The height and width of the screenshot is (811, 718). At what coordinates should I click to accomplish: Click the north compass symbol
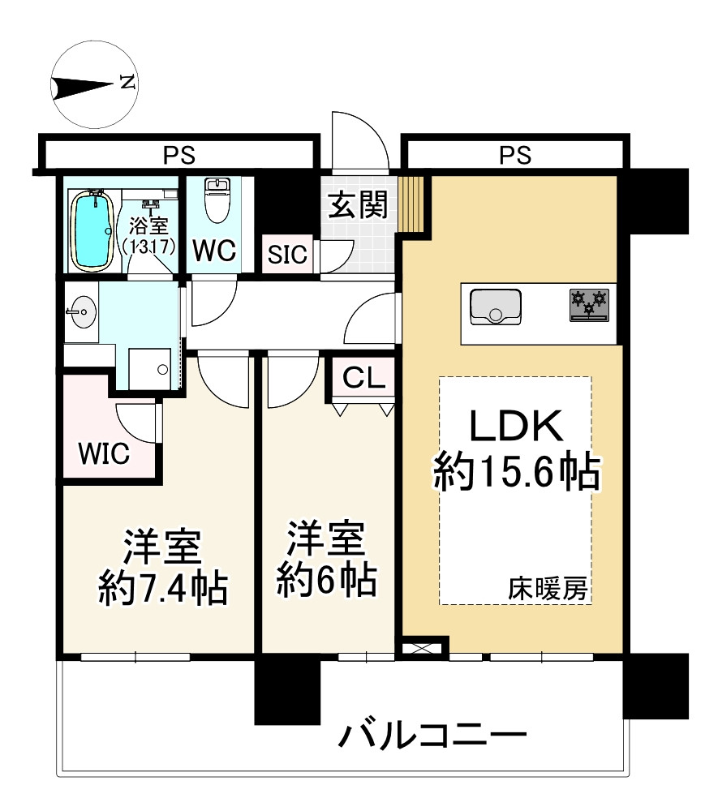point(94,84)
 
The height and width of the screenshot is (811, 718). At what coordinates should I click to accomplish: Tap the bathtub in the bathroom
point(91,230)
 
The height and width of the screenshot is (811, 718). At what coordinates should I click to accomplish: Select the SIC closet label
point(288,255)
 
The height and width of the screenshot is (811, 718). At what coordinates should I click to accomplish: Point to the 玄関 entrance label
point(356,206)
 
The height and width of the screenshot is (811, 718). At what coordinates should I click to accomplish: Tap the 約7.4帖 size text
point(162,587)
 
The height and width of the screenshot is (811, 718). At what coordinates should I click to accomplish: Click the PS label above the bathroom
point(180,153)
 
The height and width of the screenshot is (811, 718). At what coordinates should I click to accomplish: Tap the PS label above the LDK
point(515,153)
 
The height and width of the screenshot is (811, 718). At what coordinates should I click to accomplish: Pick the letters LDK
point(517,426)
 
